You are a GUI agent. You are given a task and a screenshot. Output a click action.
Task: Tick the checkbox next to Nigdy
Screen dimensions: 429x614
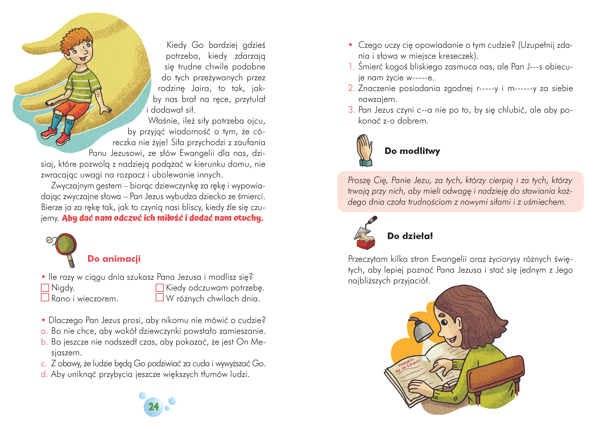pyautogui.click(x=45, y=288)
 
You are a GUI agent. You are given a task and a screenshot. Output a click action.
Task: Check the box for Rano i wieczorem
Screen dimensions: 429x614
pyautogui.click(x=45, y=297)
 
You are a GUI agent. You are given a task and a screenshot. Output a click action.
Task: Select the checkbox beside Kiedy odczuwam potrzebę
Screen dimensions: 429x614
pyautogui.click(x=160, y=288)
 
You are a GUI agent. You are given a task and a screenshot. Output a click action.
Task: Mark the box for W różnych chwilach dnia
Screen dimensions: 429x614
pyautogui.click(x=160, y=297)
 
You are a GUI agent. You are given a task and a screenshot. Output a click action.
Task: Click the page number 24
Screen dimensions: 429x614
pyautogui.click(x=154, y=407)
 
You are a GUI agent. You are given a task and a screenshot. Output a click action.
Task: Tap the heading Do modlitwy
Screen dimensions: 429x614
pyautogui.click(x=412, y=151)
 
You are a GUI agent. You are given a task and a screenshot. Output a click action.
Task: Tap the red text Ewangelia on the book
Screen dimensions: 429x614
pyautogui.click(x=406, y=363)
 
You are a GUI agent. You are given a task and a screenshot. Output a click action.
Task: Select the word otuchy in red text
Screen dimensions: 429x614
pyautogui.click(x=248, y=218)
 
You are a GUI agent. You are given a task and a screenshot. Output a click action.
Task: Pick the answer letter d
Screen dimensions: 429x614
pyautogui.click(x=44, y=374)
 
